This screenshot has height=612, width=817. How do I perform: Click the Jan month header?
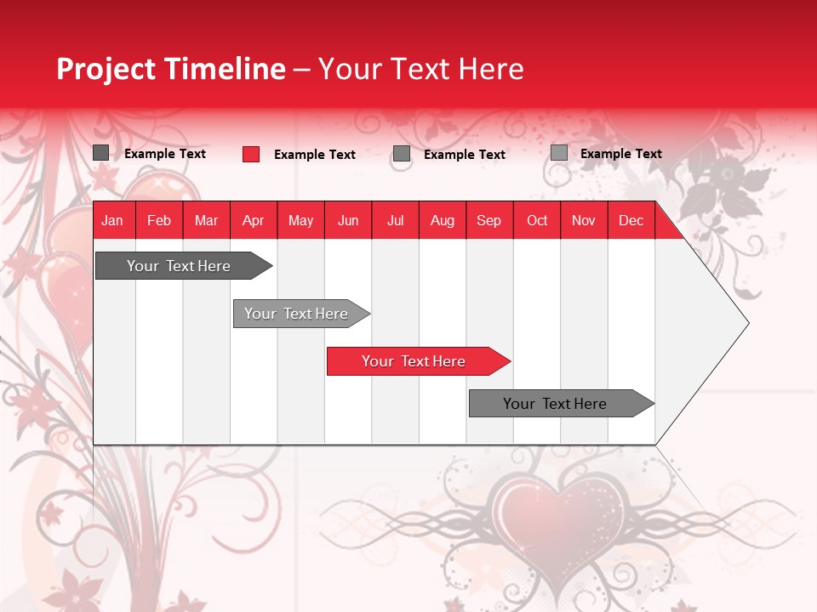[113, 220]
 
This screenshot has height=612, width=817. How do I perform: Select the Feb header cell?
[159, 220]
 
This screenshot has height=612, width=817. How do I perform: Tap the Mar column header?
[206, 220]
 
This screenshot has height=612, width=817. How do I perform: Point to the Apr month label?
[254, 220]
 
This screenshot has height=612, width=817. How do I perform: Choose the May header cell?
[300, 220]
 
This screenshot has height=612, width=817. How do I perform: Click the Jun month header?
[348, 220]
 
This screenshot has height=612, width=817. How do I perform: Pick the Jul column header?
[395, 220]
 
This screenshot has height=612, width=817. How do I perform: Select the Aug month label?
[443, 220]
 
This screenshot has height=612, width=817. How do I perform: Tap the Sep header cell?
[489, 220]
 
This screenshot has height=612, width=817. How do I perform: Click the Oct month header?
[537, 220]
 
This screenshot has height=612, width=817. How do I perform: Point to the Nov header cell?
[584, 220]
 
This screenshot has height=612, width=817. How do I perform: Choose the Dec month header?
[631, 220]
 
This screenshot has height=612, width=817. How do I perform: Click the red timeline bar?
[414, 361]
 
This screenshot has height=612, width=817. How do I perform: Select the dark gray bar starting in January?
[180, 266]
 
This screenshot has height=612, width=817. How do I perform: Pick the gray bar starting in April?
[297, 314]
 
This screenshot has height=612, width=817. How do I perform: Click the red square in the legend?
[251, 154]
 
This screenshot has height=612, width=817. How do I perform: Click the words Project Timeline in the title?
[171, 69]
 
